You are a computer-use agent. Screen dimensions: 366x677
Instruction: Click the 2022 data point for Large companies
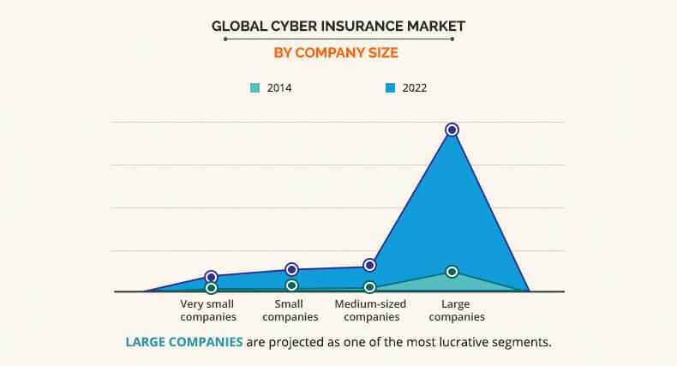452,129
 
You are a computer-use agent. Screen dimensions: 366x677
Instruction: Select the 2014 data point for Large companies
452,272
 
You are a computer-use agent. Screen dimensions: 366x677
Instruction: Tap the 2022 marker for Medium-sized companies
369,265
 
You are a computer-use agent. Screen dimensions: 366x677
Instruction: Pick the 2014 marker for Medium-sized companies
369,287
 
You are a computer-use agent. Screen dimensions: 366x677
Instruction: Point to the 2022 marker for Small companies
291,269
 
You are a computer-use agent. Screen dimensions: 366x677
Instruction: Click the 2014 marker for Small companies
291,285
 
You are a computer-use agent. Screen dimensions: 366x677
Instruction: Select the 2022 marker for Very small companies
212,277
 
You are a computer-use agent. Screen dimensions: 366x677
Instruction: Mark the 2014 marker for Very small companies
212,288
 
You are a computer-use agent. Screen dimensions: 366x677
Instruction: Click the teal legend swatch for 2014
255,87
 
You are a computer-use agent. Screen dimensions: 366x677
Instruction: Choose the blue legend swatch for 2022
390,87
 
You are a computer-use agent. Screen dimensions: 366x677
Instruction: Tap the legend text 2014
279,87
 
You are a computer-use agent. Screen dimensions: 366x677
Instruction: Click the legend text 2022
414,87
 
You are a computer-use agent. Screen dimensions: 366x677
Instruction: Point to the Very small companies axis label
207,310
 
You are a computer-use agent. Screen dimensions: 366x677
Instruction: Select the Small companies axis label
290,310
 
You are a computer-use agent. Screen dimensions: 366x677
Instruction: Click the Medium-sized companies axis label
370,310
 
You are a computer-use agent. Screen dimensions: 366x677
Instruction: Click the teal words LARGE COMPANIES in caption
183,342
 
